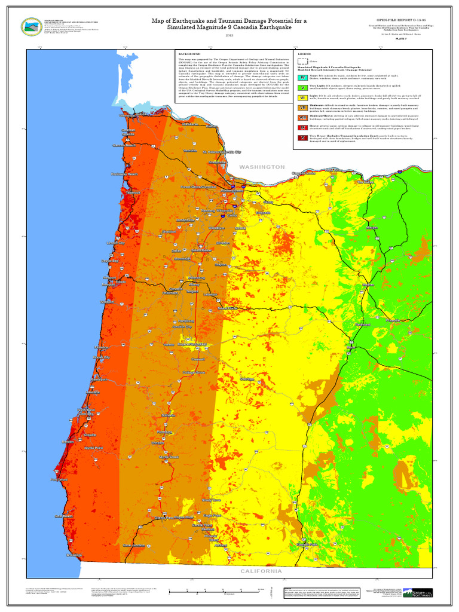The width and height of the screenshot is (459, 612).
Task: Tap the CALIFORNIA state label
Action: tap(261, 571)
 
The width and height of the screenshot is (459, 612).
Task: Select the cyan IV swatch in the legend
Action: tap(303, 78)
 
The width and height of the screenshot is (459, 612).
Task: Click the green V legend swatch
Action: tap(303, 88)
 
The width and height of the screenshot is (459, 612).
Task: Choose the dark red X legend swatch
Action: tap(303, 138)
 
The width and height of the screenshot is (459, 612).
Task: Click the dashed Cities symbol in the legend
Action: tap(303, 60)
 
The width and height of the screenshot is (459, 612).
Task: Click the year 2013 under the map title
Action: tap(229, 36)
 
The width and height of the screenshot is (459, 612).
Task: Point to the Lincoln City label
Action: tap(116, 243)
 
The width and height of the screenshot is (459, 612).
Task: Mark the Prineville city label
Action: tap(393, 320)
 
